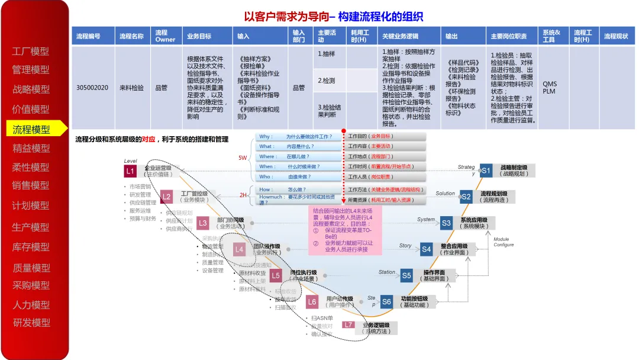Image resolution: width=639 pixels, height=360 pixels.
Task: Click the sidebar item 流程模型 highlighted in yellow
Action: [31, 130]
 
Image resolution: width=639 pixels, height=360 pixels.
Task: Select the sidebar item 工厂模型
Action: [31, 52]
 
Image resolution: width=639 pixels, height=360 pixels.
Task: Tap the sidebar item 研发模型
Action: [31, 323]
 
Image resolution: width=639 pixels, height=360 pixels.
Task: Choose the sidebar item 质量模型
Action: [31, 268]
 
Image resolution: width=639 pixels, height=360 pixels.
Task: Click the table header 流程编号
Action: [88, 36]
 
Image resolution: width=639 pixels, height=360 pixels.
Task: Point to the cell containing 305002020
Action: [92, 88]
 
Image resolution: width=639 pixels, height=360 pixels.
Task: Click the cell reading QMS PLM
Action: [549, 88]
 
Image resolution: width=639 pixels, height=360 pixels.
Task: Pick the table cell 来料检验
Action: [131, 88]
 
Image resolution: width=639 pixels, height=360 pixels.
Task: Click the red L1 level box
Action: [131, 171]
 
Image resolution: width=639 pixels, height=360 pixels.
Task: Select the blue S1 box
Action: [486, 171]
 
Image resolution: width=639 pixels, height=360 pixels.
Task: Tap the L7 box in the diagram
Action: [348, 325]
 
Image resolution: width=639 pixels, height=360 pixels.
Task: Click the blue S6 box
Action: [386, 301]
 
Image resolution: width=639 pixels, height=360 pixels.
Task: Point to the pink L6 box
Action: [312, 302]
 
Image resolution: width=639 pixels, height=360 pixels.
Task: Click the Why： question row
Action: [299, 137]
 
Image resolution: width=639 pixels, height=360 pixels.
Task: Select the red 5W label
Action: [243, 158]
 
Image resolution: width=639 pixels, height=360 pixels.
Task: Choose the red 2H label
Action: [243, 195]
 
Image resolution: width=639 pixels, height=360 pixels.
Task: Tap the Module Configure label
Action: [504, 242]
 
